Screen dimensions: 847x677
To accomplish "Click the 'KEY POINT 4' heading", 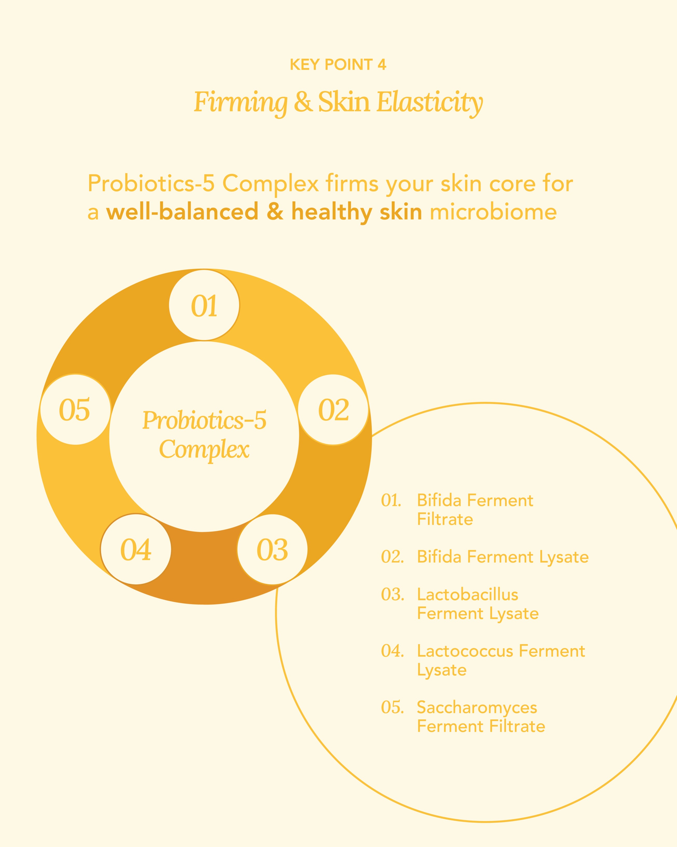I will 338,64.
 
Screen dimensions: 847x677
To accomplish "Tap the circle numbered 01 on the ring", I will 204,305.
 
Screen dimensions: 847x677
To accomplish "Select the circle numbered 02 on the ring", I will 333,410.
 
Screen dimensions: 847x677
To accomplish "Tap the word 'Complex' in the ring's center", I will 204,449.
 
